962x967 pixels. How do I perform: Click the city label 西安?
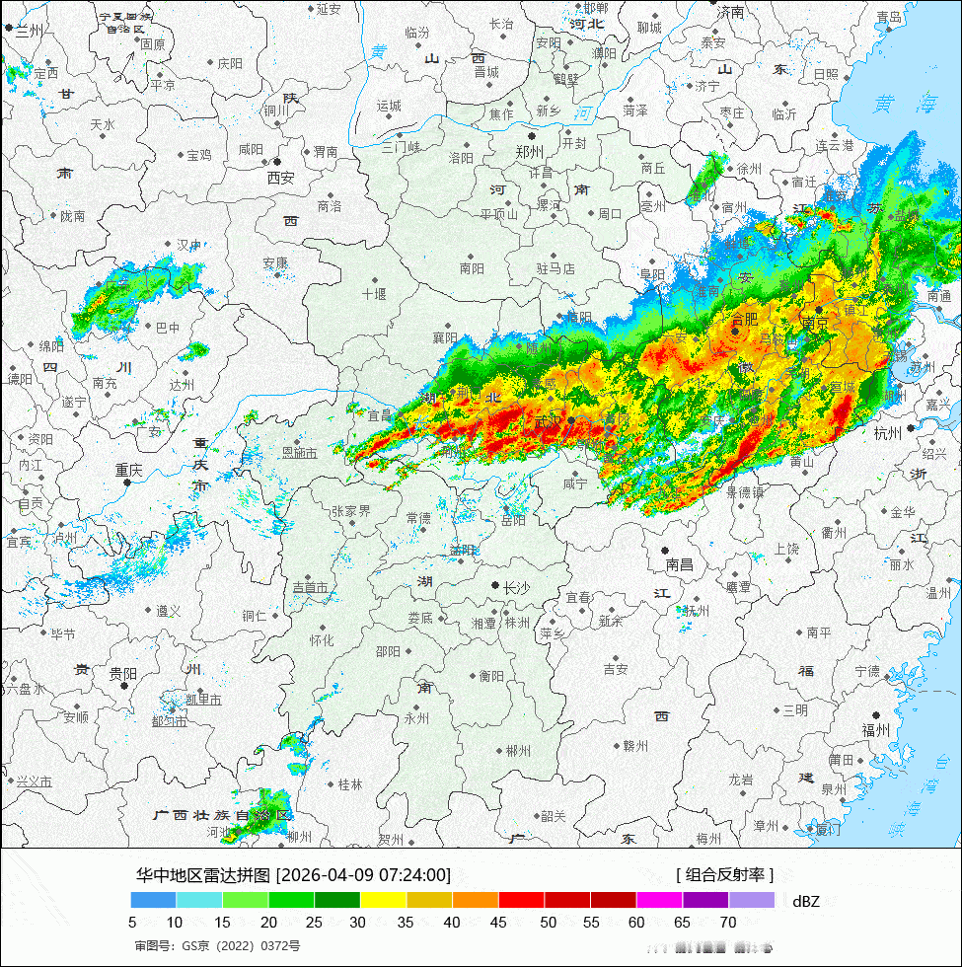tap(280, 179)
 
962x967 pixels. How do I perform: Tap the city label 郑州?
tap(530, 152)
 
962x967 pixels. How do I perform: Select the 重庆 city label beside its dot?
tap(128, 471)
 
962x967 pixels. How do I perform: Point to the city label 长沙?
tap(516, 588)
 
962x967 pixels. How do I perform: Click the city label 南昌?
tap(680, 565)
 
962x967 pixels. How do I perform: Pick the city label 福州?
tap(875, 730)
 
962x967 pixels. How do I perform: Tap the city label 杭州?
tap(887, 433)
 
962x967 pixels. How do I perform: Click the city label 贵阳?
tap(123, 673)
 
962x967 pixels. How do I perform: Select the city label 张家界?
tap(350, 511)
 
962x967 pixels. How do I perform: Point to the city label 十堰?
tap(374, 294)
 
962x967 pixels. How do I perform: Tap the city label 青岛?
tap(889, 17)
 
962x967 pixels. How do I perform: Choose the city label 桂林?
tap(350, 784)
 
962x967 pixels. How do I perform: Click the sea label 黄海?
tap(897, 102)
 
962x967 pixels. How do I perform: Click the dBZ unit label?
tap(806, 900)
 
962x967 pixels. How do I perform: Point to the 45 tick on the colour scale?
tap(499, 923)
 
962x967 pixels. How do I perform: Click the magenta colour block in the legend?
tap(659, 900)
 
